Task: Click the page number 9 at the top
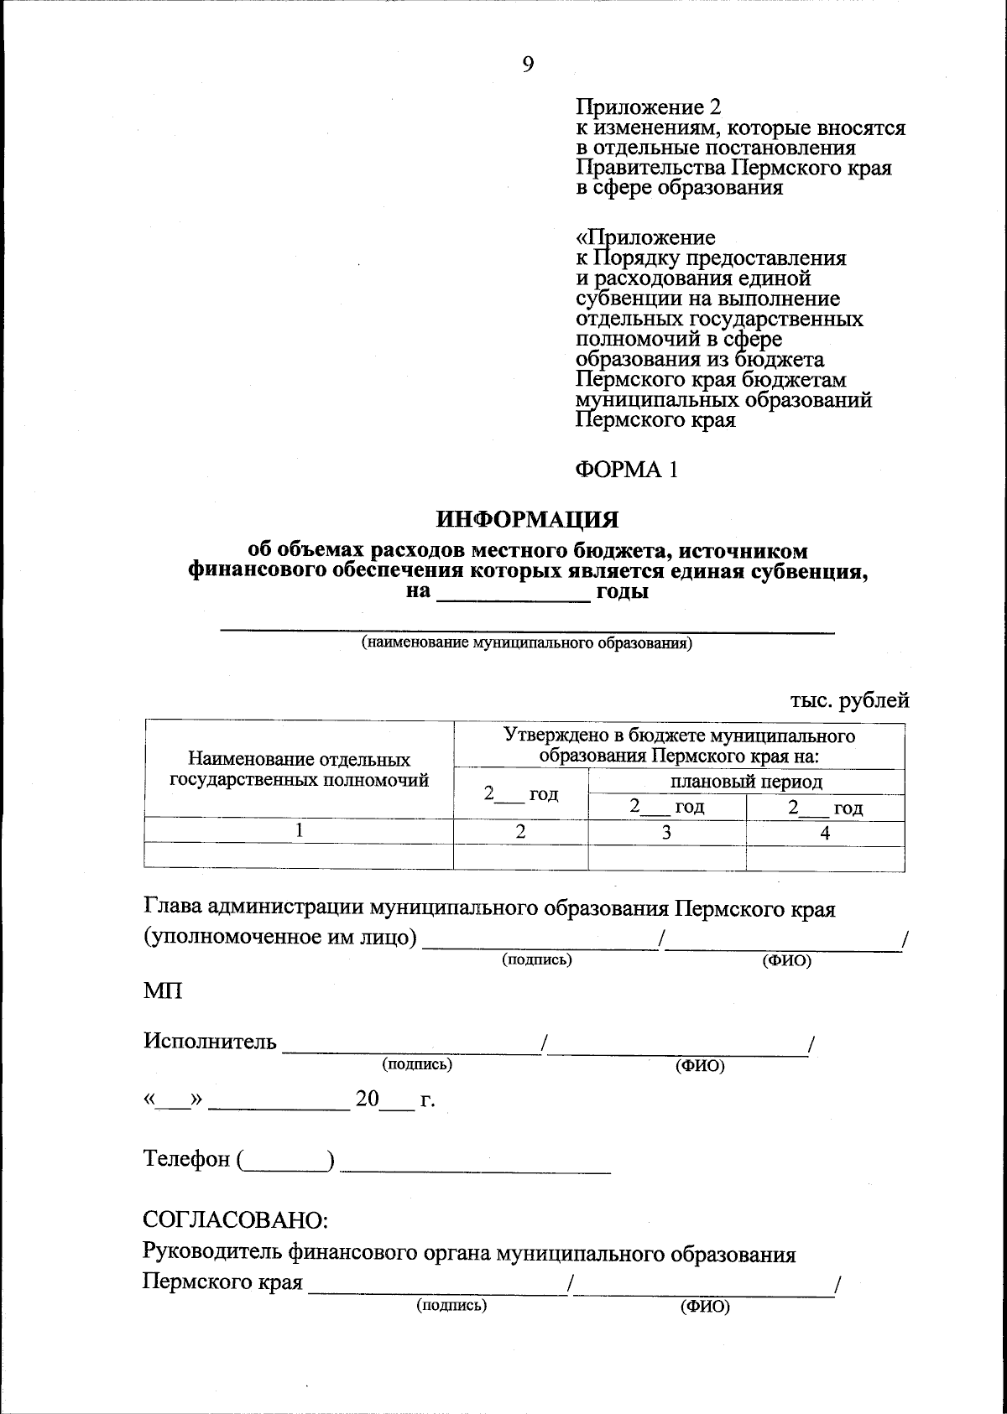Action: (x=527, y=65)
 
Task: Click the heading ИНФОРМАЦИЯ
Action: (x=527, y=520)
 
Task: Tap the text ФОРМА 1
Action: (x=625, y=470)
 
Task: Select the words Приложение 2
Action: (x=648, y=108)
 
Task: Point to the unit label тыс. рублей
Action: (x=849, y=699)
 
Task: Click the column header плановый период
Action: (x=747, y=782)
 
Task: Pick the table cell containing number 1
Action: (x=299, y=832)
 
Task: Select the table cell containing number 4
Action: (x=825, y=833)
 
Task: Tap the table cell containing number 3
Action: (x=666, y=833)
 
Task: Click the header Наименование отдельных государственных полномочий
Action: (x=300, y=770)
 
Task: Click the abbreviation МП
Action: (x=163, y=990)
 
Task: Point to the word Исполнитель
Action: (x=210, y=1042)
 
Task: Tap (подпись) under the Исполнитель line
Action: (x=417, y=1064)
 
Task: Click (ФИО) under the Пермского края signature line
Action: (x=705, y=1307)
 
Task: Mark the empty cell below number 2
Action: (x=520, y=857)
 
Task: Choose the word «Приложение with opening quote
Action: (x=645, y=237)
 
